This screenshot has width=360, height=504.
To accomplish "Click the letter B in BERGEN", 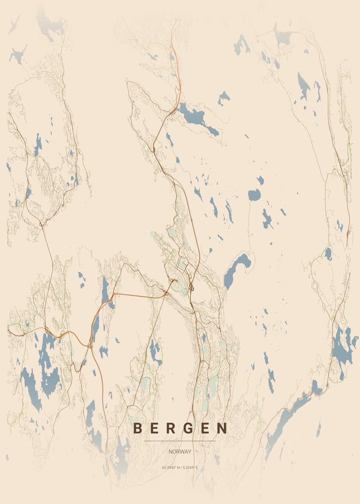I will click(138, 428).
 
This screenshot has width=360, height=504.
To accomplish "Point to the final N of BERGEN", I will click(222, 428).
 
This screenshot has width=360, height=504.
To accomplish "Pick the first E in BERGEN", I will click(155, 428).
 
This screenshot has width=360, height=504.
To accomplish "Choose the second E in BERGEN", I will click(205, 428).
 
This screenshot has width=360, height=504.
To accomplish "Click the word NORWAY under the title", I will click(180, 451).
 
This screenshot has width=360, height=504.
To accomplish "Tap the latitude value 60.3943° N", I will click(171, 468).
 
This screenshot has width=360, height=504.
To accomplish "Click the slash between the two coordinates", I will click(180, 468).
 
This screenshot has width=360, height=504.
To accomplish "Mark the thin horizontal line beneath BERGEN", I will click(180, 441).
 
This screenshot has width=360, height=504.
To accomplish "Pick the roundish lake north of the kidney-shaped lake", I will click(254, 195).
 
